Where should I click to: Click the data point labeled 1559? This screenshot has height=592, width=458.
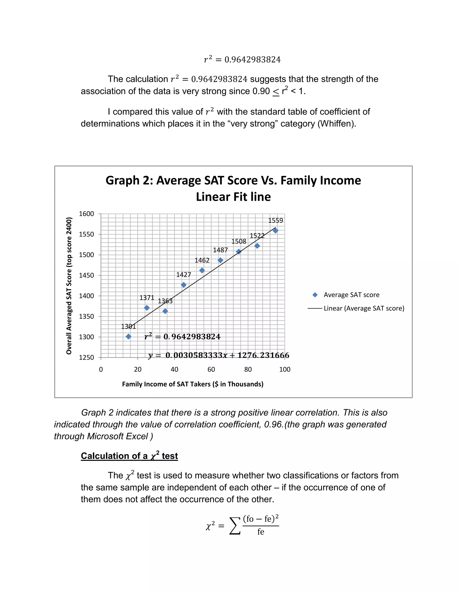275,231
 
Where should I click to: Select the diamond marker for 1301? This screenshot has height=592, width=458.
129,337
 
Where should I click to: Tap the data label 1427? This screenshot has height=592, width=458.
184,275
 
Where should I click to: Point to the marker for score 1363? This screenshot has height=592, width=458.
165,311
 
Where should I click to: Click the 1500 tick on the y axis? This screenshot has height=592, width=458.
86,255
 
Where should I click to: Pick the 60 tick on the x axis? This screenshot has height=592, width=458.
211,369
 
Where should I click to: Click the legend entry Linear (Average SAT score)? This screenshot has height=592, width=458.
364,309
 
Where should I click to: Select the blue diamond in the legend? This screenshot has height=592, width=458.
315,295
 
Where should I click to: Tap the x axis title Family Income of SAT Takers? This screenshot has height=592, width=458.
193,384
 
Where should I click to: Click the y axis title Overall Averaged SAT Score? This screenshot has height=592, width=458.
69,286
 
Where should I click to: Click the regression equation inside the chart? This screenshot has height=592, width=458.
219,355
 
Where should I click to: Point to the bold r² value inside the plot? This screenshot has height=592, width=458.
182,337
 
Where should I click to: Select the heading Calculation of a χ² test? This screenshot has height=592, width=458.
129,456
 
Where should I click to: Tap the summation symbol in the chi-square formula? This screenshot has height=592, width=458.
235,526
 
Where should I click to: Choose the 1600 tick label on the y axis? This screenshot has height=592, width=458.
86,214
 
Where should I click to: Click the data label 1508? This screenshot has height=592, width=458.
239,241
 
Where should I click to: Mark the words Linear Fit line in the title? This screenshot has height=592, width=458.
233,197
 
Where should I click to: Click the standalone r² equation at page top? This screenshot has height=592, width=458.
242,59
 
